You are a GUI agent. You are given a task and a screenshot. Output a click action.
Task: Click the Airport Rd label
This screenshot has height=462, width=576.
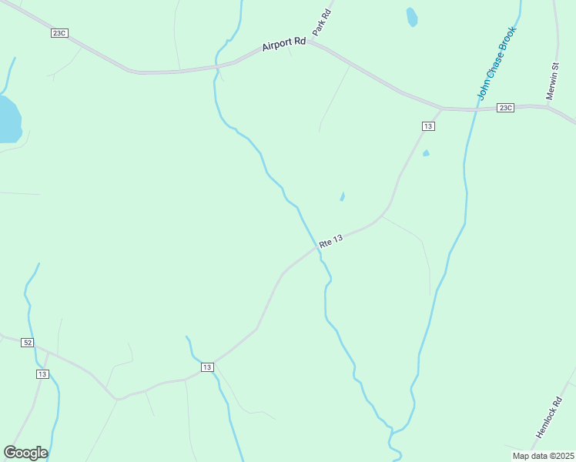[x=284, y=45]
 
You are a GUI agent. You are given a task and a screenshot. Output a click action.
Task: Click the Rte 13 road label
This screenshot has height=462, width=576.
[x=330, y=240]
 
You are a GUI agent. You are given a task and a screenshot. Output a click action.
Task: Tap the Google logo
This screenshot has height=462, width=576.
[x=25, y=453]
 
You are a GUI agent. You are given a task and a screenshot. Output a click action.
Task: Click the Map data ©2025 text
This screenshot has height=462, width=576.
[x=543, y=456]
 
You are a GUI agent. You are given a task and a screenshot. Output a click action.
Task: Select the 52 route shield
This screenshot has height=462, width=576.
[x=28, y=342]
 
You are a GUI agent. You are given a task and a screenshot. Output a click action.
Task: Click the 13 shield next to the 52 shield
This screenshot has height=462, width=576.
[x=42, y=374]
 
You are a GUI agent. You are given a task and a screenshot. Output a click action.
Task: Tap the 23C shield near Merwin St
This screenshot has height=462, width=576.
[x=505, y=108]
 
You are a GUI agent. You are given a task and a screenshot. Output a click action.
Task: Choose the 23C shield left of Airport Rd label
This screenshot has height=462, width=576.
[x=60, y=33]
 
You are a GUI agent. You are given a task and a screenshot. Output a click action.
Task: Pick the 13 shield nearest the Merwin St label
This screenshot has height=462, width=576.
[x=429, y=126]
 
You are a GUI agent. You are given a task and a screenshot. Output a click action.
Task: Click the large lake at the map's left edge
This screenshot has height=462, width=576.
[x=8, y=120]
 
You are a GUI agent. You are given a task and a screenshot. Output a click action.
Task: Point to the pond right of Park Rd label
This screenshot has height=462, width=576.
[x=412, y=17]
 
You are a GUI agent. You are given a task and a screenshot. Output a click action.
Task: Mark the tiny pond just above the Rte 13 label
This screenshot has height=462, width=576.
[x=342, y=196]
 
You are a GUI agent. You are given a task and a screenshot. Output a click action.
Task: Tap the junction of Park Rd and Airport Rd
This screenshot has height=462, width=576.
[x=308, y=42]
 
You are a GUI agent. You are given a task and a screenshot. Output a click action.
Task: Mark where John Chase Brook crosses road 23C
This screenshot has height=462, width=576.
[x=471, y=109]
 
